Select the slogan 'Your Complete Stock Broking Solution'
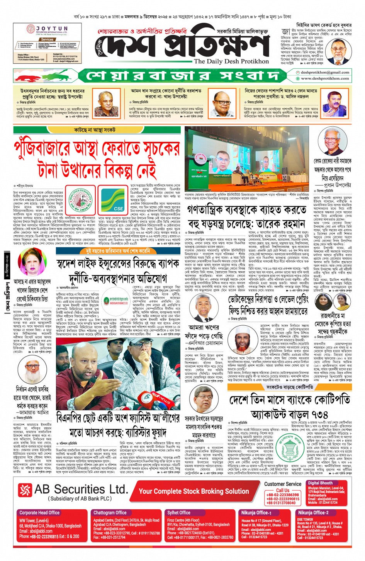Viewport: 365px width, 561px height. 194,491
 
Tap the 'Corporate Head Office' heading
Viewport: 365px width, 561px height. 39,513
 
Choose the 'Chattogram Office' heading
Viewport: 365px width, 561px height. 110,513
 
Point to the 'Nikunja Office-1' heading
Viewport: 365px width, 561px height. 256,513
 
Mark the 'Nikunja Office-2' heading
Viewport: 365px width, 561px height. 313,513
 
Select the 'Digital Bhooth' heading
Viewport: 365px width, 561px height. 320,483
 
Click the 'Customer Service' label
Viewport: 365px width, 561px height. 283,484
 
